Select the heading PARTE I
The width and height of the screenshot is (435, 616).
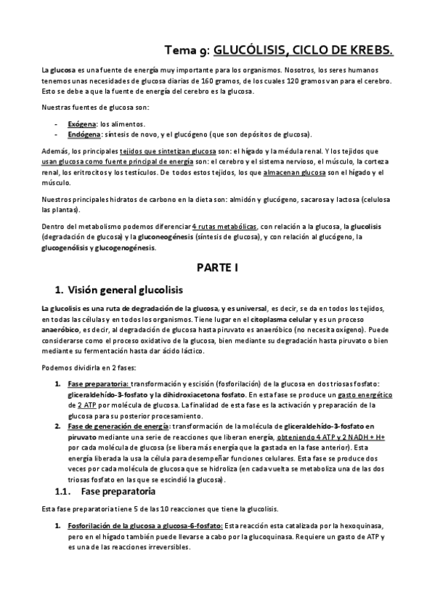217,267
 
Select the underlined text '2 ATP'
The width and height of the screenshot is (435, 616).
89,403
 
